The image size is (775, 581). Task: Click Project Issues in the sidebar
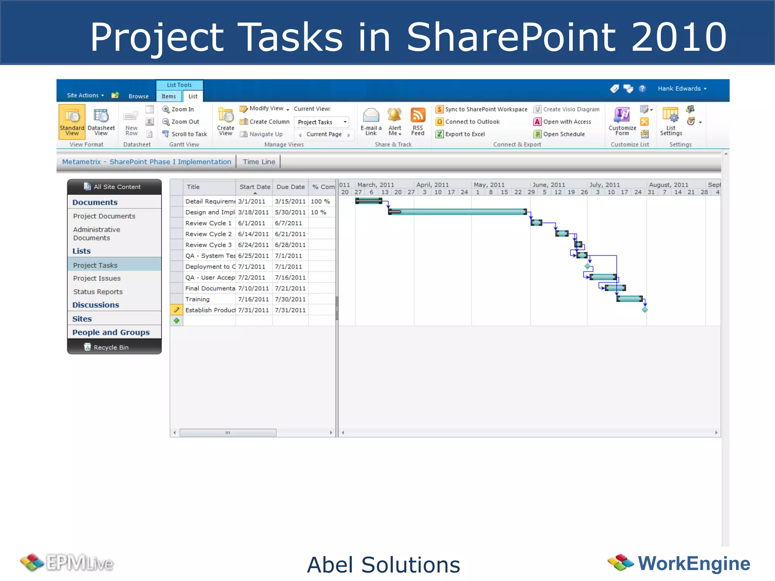tap(97, 278)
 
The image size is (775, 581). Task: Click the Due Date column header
tap(290, 187)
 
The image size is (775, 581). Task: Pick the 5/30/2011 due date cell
tap(290, 212)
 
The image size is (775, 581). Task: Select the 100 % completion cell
tap(320, 201)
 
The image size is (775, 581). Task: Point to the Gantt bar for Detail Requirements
tap(369, 201)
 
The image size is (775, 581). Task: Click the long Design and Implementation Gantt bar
tap(457, 212)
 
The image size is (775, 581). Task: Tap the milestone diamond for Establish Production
tap(645, 310)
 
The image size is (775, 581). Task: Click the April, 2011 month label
tap(432, 185)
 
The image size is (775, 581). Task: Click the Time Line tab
tap(259, 162)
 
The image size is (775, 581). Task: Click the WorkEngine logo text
tap(694, 563)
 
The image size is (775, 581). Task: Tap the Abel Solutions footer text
tap(383, 565)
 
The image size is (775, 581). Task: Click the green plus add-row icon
tap(176, 321)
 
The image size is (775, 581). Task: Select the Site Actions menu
tap(85, 95)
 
